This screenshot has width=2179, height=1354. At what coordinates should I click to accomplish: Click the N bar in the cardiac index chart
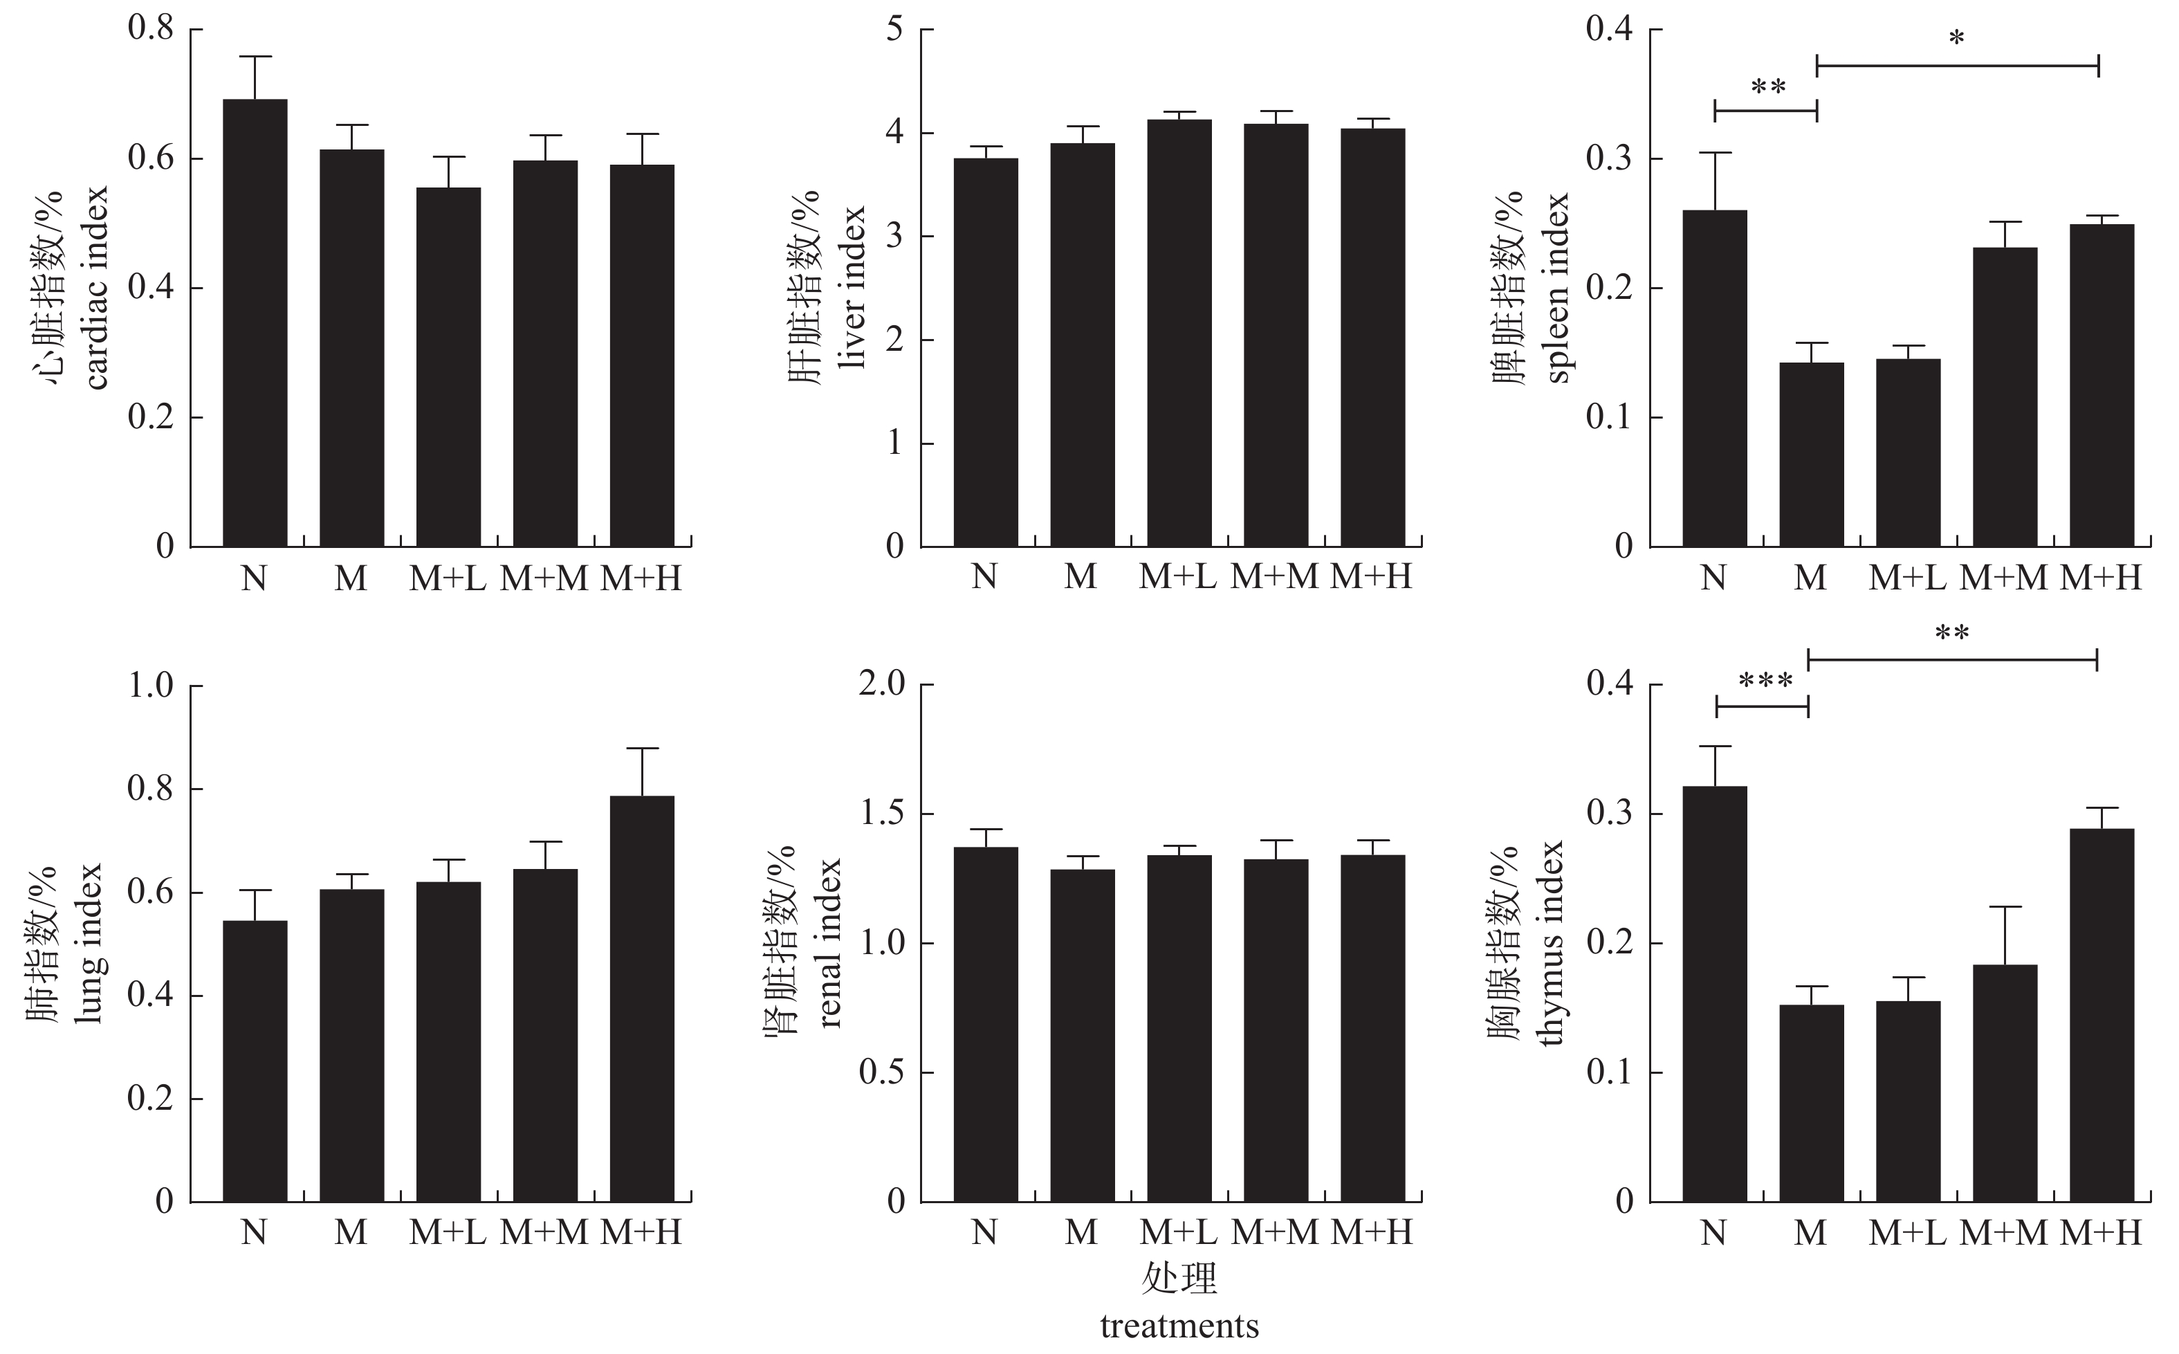coord(255,322)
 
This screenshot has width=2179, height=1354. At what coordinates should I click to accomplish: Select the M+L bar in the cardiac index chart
coord(448,367)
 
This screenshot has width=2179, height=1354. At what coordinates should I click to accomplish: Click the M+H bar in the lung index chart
coord(642,998)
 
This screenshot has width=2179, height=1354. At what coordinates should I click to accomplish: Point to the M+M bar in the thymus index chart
coord(2005,1083)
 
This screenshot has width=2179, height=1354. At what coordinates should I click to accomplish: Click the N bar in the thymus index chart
coord(1714,994)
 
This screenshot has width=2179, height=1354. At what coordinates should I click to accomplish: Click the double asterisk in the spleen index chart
coord(1768,88)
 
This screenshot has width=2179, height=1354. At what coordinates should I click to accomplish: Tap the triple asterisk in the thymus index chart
coord(1765,682)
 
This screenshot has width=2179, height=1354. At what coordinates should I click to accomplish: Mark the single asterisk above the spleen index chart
coord(1957,37)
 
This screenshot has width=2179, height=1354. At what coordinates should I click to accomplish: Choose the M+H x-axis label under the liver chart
coord(1370,578)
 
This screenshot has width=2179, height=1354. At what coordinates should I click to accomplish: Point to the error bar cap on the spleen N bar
coord(1714,153)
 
